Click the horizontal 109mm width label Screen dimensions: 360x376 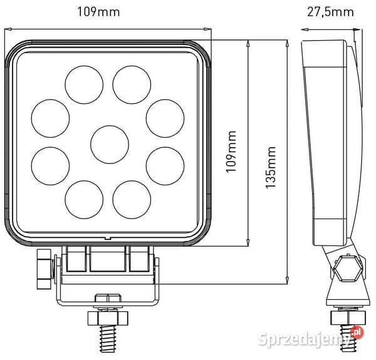108,11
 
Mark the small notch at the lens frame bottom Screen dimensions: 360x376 108,239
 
